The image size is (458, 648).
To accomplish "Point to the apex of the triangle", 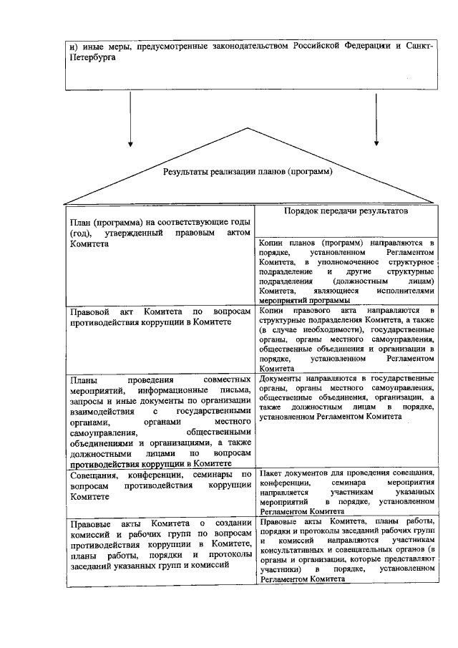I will (x=250, y=128).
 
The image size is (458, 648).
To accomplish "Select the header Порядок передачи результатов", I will (x=345, y=212).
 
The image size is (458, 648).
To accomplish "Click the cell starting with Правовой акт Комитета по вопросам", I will (x=160, y=318).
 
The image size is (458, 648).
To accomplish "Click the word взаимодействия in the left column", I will (x=102, y=412).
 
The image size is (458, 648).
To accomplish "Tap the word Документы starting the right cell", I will (x=283, y=377).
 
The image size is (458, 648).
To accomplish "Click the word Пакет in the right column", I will (x=271, y=474).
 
